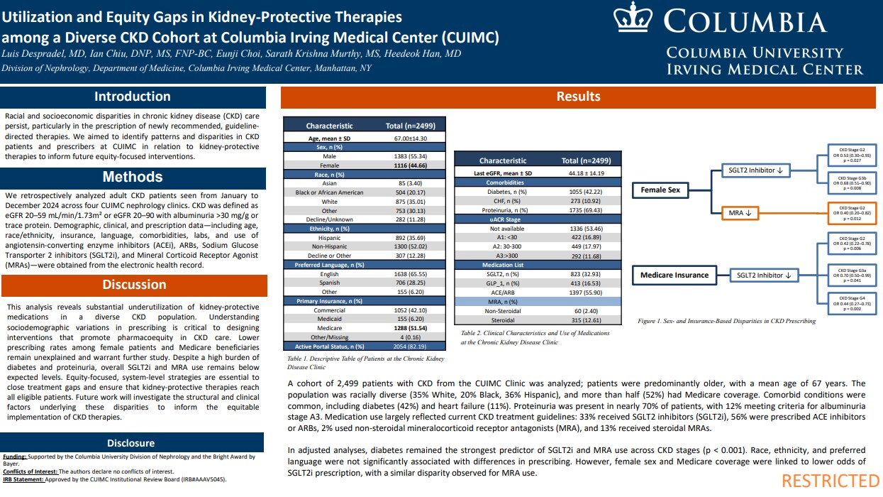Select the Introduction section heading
(x=133, y=97)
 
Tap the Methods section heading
(x=133, y=177)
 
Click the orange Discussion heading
(x=133, y=285)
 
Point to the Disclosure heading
(x=133, y=443)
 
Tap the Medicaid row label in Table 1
(x=329, y=319)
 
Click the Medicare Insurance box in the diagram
(x=674, y=275)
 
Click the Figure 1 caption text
(x=727, y=321)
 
